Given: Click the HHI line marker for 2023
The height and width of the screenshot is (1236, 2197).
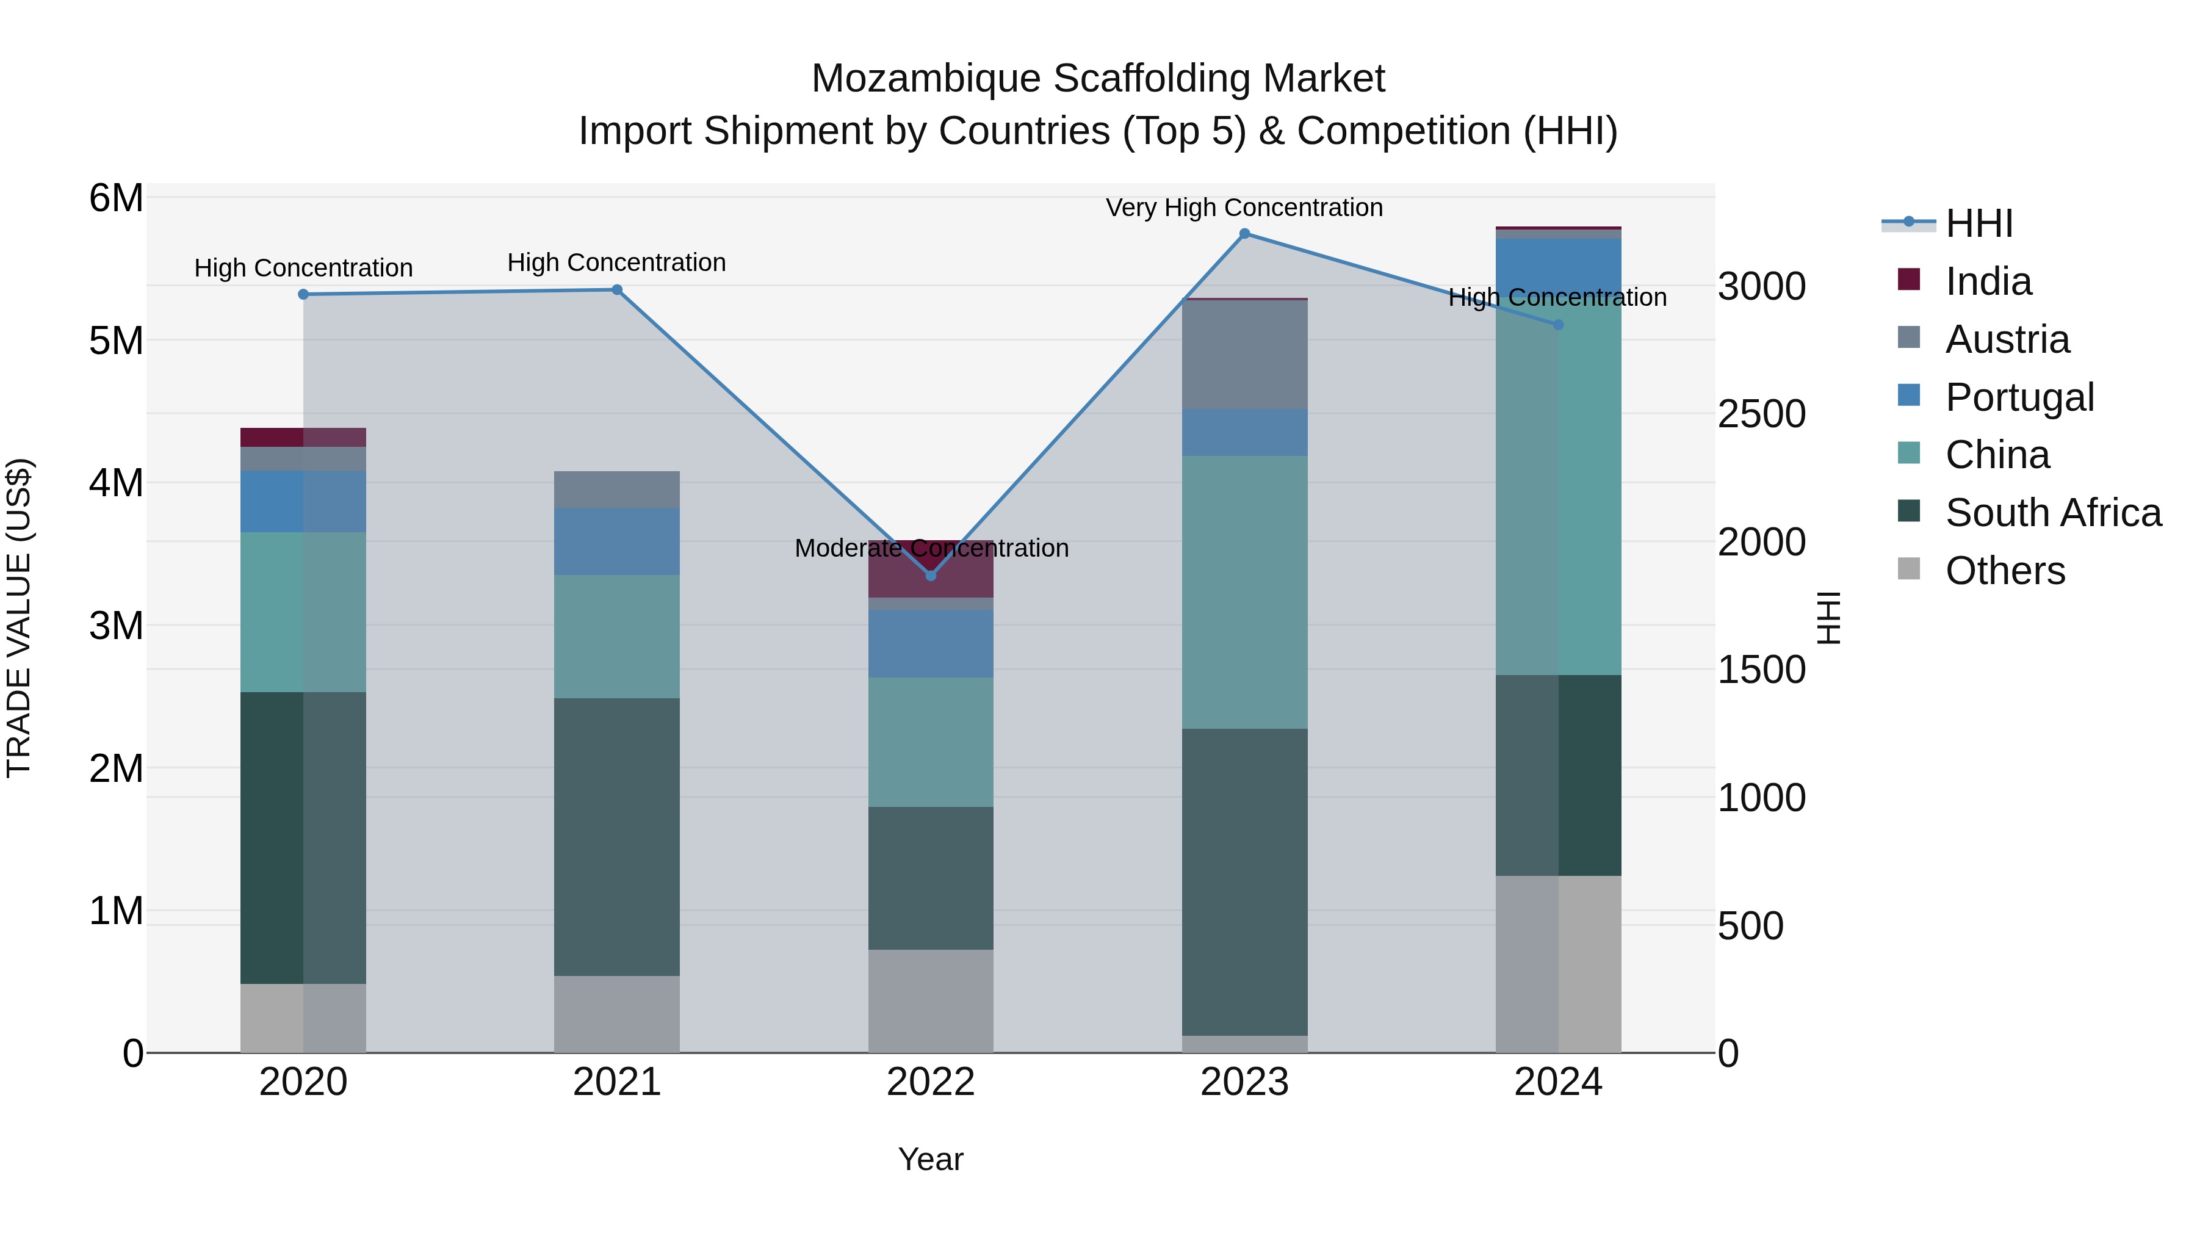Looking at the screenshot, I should pyautogui.click(x=1244, y=234).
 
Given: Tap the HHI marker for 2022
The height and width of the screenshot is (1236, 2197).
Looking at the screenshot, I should pyautogui.click(x=931, y=576).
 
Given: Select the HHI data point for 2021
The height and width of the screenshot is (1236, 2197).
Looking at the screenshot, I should pyautogui.click(x=616, y=290).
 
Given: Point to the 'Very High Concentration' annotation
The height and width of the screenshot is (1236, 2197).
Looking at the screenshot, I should pyautogui.click(x=1244, y=208).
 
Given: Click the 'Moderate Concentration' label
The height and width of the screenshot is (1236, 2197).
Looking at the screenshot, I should pyautogui.click(x=931, y=549).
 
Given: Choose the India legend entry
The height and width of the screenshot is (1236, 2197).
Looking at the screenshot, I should pyautogui.click(x=1988, y=281).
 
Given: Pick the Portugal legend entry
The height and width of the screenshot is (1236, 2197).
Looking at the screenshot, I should pyautogui.click(x=2019, y=397).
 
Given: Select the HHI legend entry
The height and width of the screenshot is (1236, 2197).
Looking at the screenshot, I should pyautogui.click(x=1979, y=223).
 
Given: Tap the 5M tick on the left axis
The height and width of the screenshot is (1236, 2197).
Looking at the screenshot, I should pyautogui.click(x=116, y=341).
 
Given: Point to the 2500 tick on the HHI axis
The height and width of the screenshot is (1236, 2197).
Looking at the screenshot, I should pyautogui.click(x=1761, y=414).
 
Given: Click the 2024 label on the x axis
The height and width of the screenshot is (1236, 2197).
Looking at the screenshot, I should pyautogui.click(x=1557, y=1082).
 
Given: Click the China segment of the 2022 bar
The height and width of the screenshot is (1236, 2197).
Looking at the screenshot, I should pyautogui.click(x=931, y=742).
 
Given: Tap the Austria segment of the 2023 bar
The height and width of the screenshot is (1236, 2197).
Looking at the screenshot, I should pyautogui.click(x=1244, y=354).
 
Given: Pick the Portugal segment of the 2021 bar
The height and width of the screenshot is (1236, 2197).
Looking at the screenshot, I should pyautogui.click(x=616, y=541).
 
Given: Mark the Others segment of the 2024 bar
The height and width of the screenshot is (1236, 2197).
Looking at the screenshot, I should pyautogui.click(x=1557, y=964).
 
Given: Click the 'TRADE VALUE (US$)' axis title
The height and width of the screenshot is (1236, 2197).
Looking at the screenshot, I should pyautogui.click(x=19, y=618).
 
